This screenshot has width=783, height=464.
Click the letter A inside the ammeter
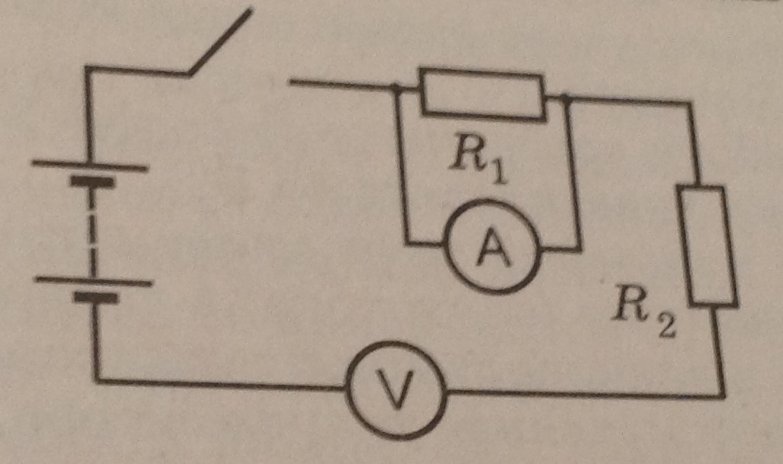(493, 248)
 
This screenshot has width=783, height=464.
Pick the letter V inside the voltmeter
(397, 391)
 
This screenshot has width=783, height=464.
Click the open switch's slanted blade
(219, 42)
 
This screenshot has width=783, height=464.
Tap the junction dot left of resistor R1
(396, 89)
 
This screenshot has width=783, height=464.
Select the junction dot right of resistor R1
(565, 98)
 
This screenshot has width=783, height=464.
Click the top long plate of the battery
(90, 165)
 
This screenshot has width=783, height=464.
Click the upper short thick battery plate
(92, 181)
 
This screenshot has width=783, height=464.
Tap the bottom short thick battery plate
(96, 297)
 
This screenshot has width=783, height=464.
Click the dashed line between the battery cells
(92, 232)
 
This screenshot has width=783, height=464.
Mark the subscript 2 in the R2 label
(666, 326)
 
